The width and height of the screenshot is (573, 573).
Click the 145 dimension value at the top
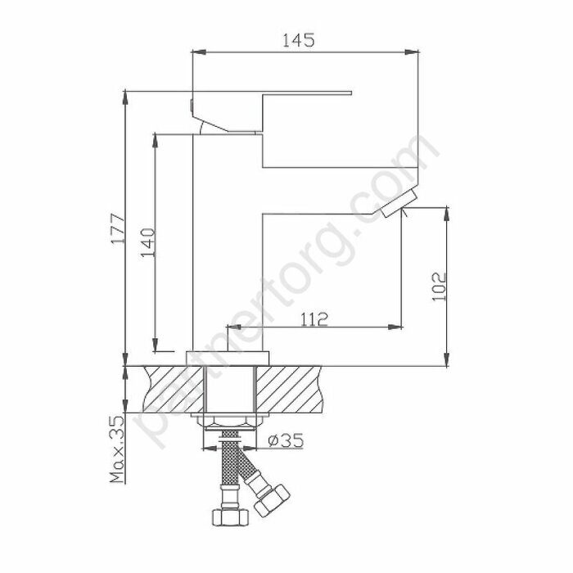[x=300, y=40]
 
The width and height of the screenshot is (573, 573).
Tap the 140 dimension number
[x=147, y=243]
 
